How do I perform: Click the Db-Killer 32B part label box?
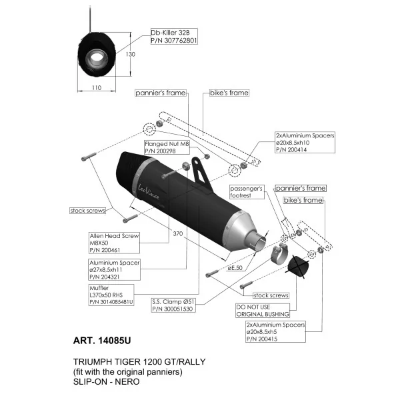click(174, 36)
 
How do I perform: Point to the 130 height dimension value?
click(131, 55)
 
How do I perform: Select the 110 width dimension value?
click(97, 88)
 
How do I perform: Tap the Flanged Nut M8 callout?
click(167, 147)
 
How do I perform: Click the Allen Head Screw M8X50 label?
click(114, 243)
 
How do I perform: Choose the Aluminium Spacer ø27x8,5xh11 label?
click(115, 269)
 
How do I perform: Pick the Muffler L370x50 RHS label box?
click(111, 295)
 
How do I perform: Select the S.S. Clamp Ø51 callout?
click(173, 305)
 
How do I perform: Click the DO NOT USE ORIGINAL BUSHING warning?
click(263, 311)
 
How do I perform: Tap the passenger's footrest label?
click(247, 192)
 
